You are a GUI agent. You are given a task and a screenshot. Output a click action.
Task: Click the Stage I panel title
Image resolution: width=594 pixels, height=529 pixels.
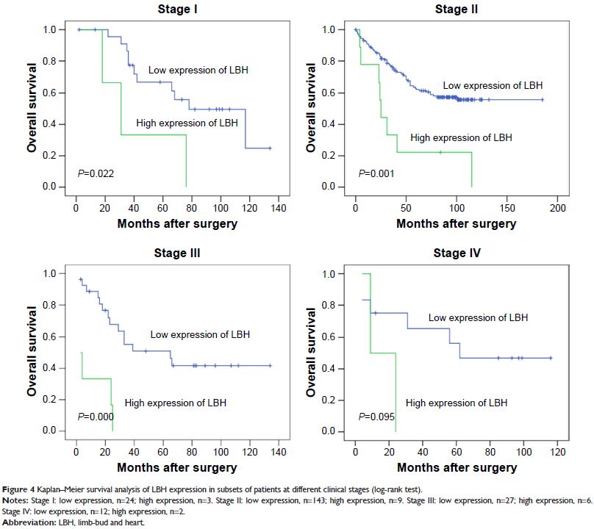[x=176, y=10]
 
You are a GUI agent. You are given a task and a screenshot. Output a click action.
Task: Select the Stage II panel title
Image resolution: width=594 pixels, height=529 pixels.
[x=456, y=10]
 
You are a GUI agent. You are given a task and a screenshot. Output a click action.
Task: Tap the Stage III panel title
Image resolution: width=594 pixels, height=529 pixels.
[x=176, y=255]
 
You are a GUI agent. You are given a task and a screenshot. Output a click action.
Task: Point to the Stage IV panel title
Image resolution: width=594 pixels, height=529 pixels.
[x=456, y=255]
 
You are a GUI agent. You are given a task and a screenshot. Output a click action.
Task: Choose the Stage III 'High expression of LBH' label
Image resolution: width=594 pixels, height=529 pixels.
[x=176, y=403]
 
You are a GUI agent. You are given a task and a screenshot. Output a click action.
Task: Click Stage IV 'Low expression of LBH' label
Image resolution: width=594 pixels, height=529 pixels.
[x=479, y=317]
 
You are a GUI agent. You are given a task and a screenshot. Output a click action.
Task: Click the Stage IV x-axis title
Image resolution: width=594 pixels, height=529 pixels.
[x=456, y=467]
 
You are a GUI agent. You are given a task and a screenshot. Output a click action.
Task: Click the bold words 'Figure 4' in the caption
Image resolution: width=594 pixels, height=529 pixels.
[x=18, y=490]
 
